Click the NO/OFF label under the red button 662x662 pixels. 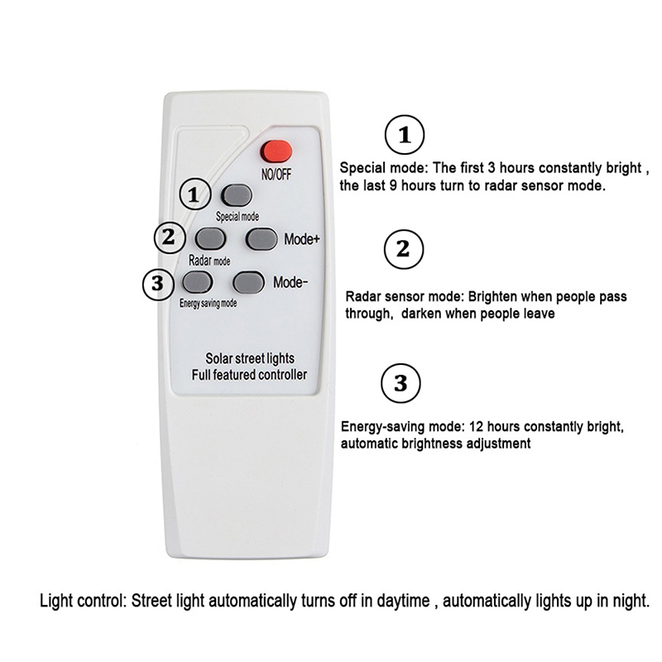276,174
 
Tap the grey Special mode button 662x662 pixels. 237,195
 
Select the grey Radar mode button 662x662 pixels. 210,238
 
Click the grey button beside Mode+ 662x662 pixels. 261,239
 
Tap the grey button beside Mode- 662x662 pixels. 249,282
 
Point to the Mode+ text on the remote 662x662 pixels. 302,239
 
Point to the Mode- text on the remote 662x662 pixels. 290,282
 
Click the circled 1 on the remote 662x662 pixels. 195,194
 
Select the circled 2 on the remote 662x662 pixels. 170,237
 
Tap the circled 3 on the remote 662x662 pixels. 158,284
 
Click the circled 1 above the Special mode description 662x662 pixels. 405,135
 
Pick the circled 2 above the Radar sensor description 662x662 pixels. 404,249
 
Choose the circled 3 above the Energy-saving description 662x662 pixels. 401,383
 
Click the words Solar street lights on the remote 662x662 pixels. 250,358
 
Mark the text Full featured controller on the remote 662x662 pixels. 249,375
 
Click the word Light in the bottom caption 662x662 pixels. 56,601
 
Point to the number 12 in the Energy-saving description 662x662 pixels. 476,426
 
